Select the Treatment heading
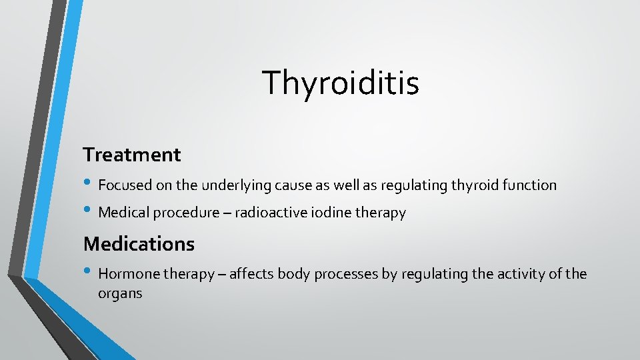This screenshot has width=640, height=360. [x=132, y=155]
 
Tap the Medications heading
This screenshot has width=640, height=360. [x=139, y=244]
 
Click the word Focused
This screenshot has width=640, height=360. [x=123, y=185]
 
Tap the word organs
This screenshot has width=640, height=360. [x=120, y=293]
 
